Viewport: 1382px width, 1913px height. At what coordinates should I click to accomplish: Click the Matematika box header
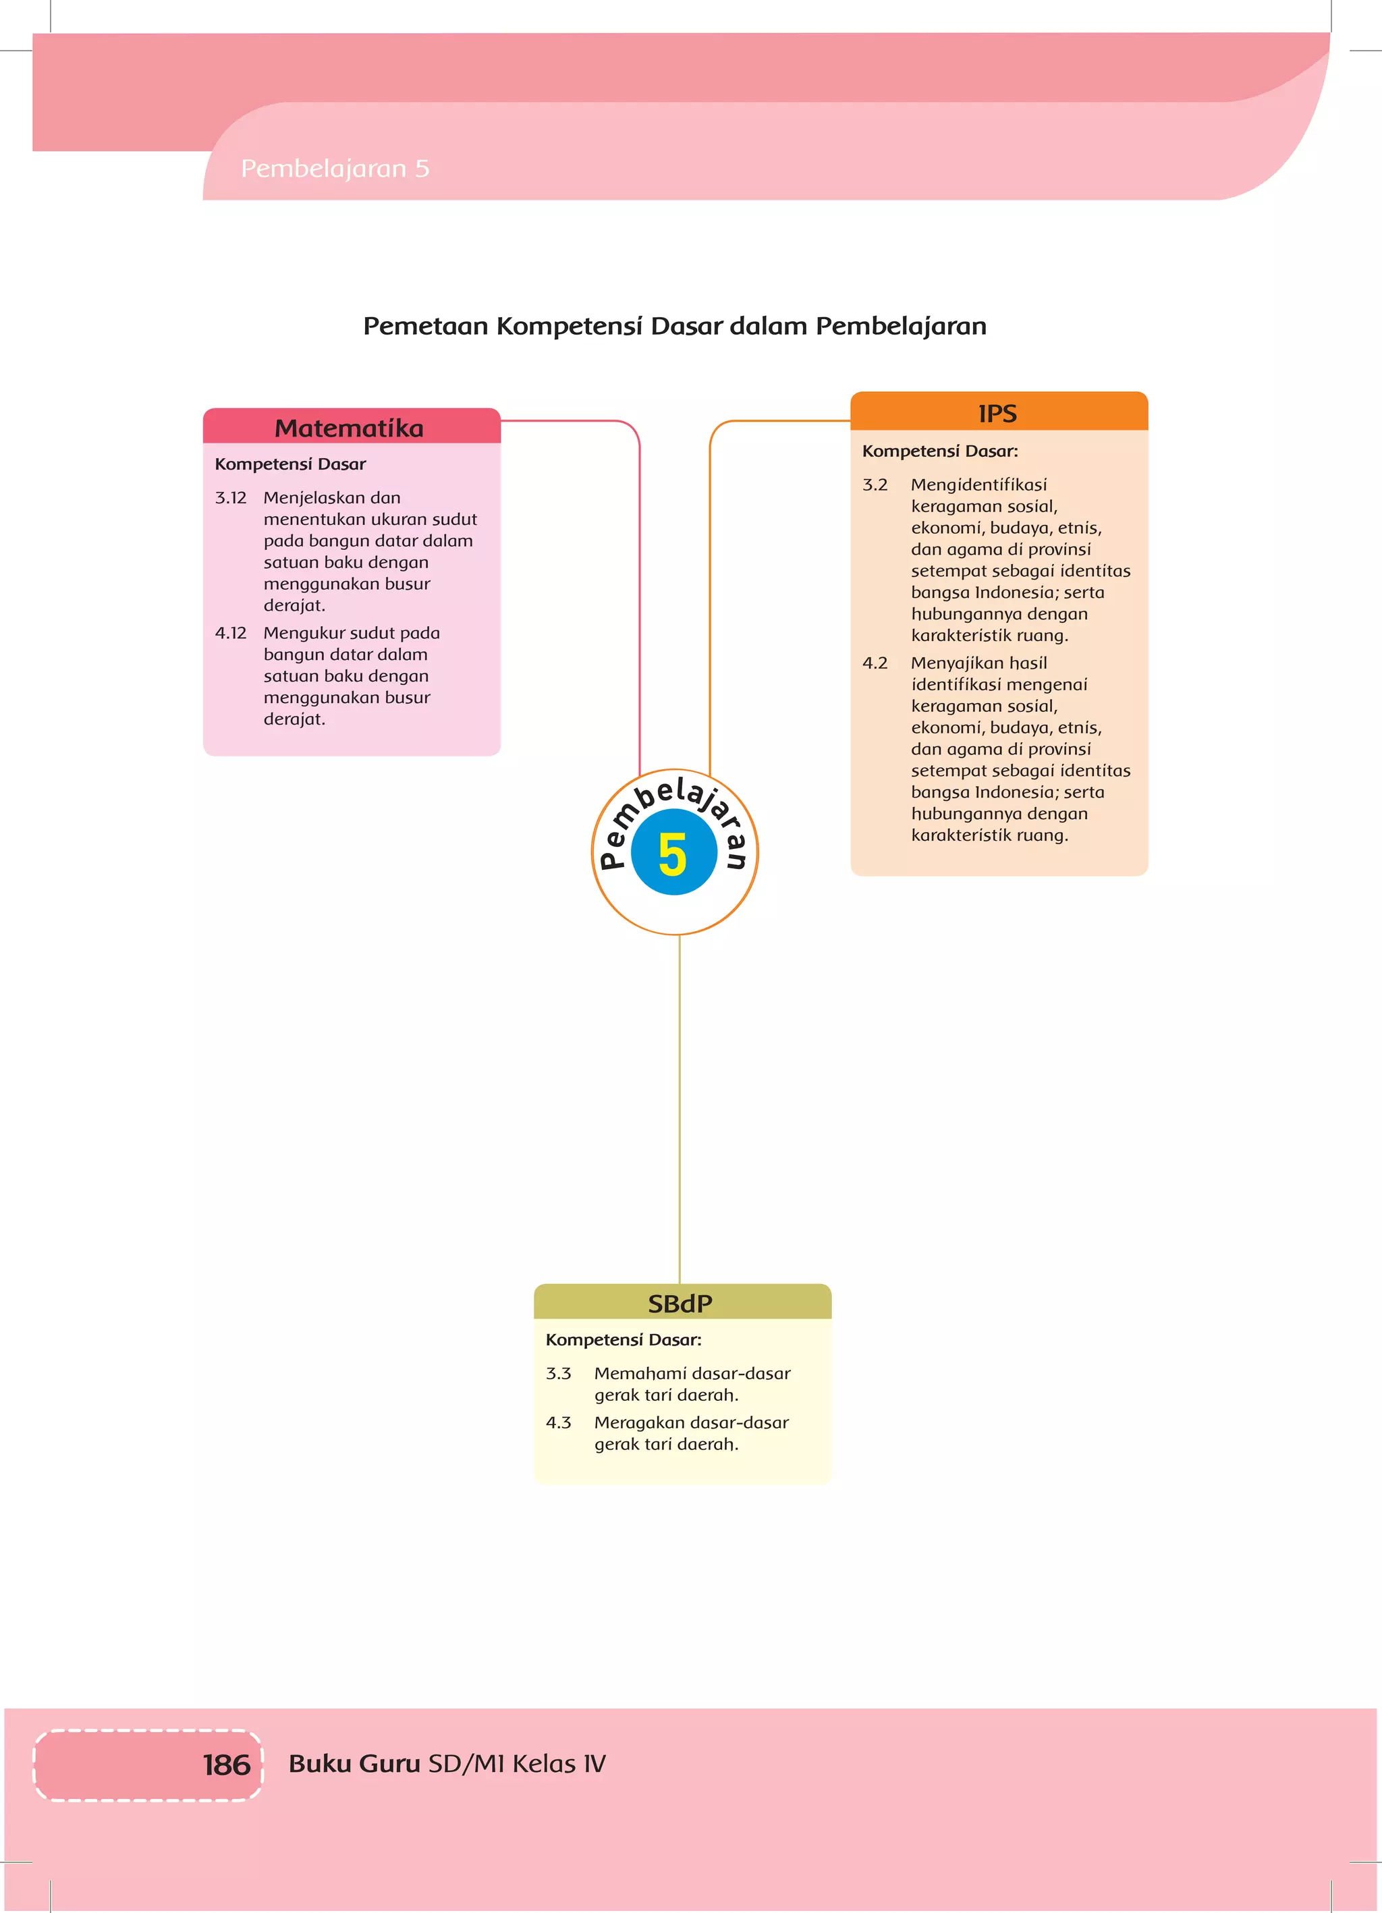click(x=350, y=428)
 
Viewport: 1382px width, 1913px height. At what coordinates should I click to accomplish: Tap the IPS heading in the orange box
click(x=997, y=413)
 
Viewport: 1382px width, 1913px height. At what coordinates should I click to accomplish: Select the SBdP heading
click(x=680, y=1303)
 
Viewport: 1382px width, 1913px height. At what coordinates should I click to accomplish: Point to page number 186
click(x=226, y=1765)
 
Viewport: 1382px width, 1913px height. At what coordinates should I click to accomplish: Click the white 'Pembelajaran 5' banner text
click(x=335, y=169)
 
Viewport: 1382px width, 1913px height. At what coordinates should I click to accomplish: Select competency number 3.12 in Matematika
click(x=230, y=498)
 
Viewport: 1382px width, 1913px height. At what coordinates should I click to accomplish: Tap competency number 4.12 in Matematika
click(x=230, y=633)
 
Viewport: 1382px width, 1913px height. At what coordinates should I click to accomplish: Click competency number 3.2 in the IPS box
click(x=875, y=485)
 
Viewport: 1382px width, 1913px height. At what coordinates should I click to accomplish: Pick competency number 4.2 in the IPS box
click(x=875, y=663)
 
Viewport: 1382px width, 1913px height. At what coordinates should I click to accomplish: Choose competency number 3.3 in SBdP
click(x=559, y=1373)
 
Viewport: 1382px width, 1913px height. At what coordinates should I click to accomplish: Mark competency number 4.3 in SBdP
click(x=559, y=1422)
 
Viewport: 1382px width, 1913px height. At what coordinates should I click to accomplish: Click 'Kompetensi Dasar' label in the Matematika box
click(x=290, y=464)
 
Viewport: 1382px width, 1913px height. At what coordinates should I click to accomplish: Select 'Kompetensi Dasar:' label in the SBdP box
click(x=624, y=1339)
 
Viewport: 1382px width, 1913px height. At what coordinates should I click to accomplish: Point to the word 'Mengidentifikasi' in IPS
click(x=978, y=485)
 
